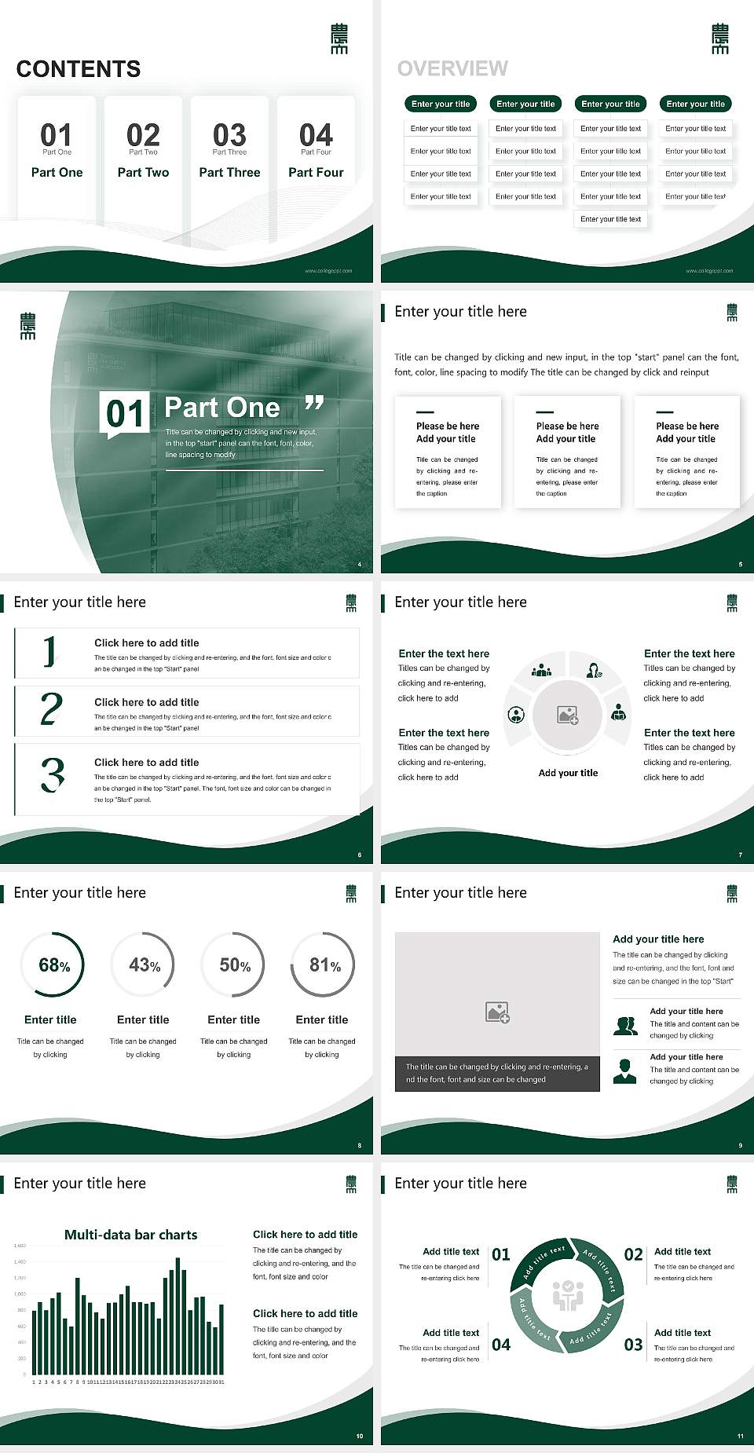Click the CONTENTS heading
click(79, 69)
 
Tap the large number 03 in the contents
click(229, 135)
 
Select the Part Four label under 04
click(316, 172)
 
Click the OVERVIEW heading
click(452, 68)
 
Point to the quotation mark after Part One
click(314, 403)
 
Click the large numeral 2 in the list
click(52, 708)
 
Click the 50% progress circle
click(234, 964)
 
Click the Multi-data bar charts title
click(130, 1235)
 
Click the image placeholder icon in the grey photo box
click(497, 1012)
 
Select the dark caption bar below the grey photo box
click(497, 1073)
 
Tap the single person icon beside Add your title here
click(624, 1071)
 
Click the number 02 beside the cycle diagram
click(633, 1254)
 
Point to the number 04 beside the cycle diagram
click(501, 1345)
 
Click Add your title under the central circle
click(568, 773)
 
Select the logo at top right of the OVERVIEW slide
click(719, 38)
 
